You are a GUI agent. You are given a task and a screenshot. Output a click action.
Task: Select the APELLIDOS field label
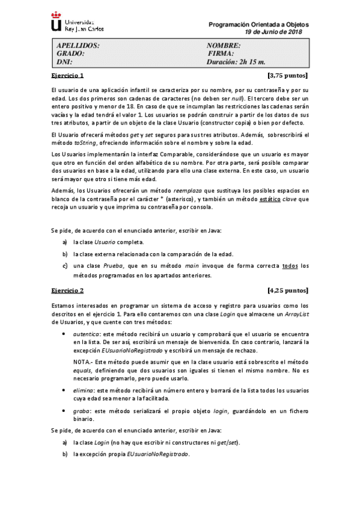point(78,45)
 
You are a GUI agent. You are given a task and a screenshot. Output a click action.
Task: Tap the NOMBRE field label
point(224,45)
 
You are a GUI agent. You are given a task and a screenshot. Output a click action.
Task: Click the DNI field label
point(64,61)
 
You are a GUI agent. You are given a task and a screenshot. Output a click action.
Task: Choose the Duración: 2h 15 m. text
point(236,61)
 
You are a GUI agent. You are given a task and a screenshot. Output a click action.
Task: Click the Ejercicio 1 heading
point(67,76)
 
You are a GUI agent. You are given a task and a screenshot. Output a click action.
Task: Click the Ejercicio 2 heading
point(67,290)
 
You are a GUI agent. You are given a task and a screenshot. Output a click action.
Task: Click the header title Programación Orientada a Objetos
point(258,24)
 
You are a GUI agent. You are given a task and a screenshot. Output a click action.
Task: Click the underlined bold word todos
point(290,266)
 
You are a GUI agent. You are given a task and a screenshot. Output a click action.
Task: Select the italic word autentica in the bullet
point(86,332)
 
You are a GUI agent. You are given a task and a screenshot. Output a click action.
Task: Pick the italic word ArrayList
point(297,314)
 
